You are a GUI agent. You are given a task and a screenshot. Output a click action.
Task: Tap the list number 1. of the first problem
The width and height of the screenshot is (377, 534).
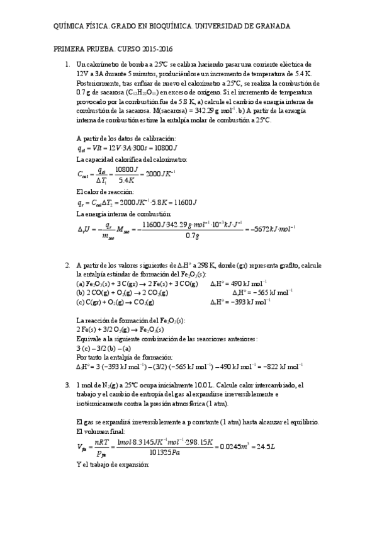tap(68, 64)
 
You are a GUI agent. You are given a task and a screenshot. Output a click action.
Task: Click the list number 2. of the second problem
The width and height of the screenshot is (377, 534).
tap(68, 267)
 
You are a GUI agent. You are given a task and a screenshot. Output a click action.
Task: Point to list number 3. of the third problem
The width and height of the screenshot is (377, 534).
tap(68, 385)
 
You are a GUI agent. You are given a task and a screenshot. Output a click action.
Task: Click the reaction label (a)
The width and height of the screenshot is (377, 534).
tap(80, 283)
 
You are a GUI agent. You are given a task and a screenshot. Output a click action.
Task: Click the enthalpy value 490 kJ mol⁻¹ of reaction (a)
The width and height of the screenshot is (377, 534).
tap(249, 283)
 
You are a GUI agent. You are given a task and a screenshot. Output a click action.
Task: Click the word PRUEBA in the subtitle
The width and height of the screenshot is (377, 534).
tap(104, 49)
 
